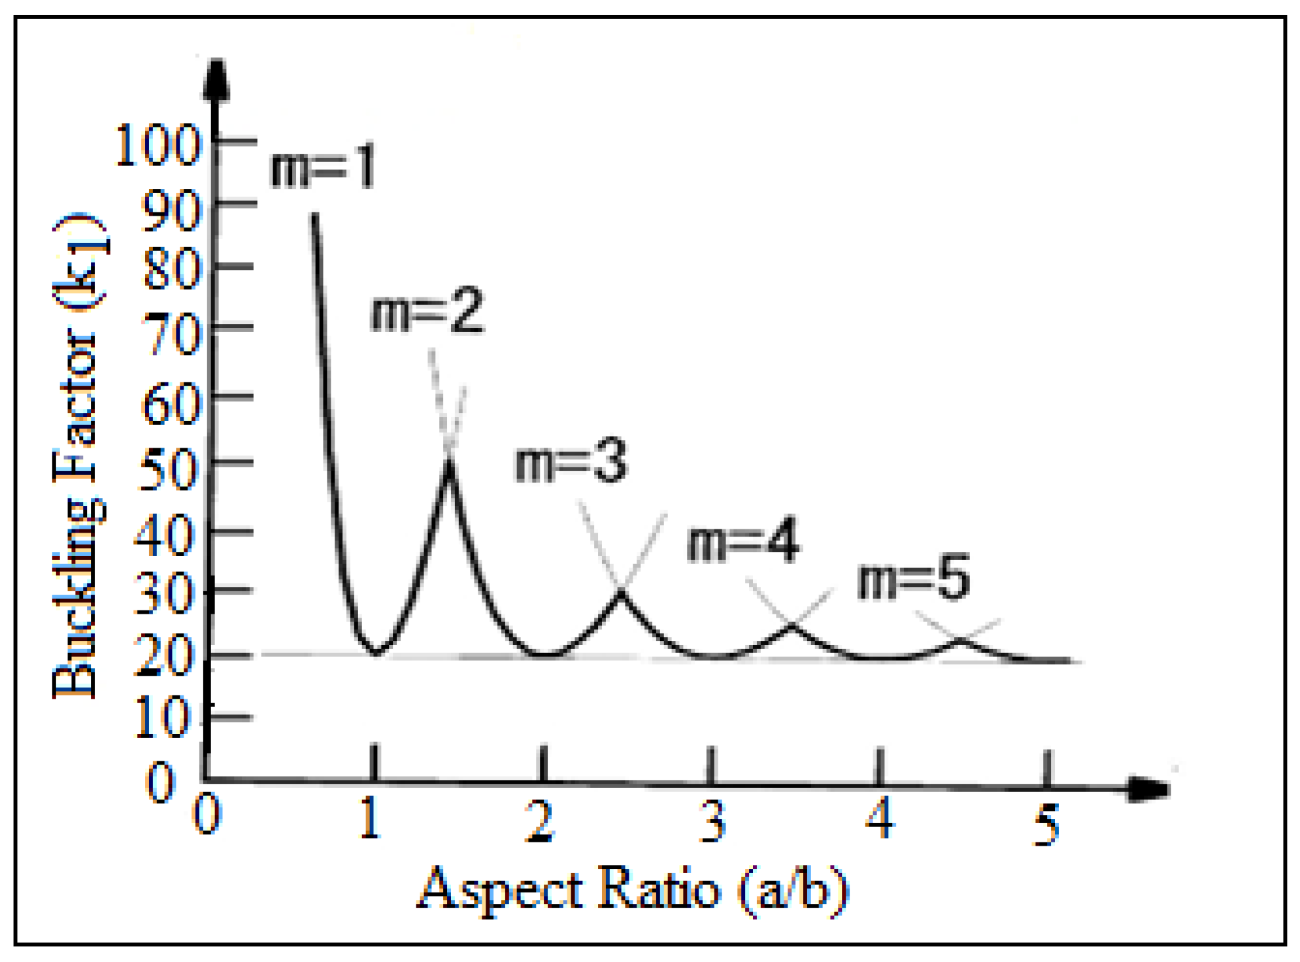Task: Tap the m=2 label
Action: click(427, 311)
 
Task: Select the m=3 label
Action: click(571, 461)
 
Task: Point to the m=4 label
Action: click(742, 540)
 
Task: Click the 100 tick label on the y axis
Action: click(158, 145)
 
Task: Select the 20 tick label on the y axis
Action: click(165, 655)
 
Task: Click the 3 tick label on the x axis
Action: click(712, 821)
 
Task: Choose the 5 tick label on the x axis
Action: click(1046, 825)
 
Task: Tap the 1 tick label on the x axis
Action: click(371, 818)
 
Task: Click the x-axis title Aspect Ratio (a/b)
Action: click(633, 889)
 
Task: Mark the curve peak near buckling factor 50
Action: click(449, 463)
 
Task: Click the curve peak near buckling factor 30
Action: click(621, 592)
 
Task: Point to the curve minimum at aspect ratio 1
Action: click(376, 652)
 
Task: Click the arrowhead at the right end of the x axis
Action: click(1149, 788)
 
